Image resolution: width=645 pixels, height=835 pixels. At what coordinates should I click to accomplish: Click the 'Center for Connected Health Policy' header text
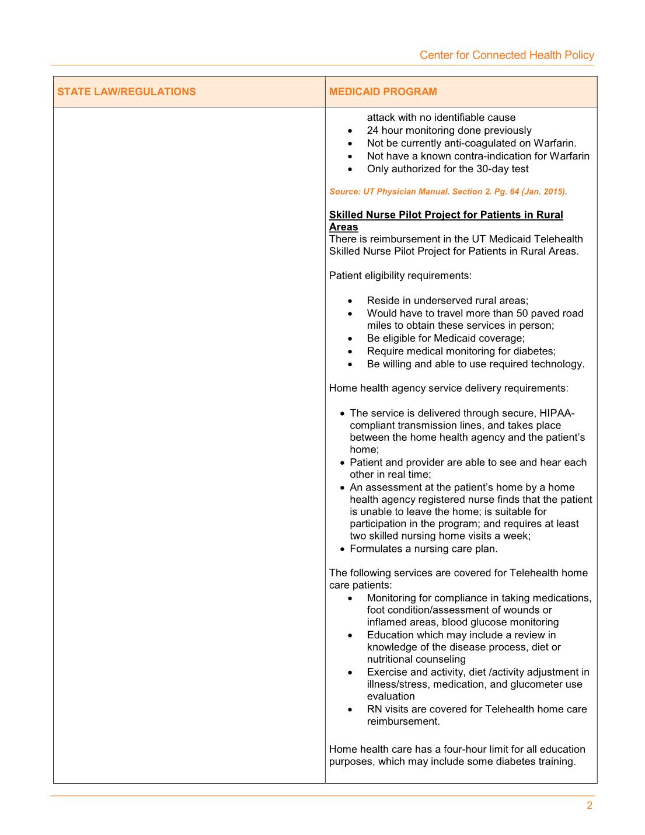pos(507,55)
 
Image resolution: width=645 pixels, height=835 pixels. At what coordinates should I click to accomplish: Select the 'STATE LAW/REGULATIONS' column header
pos(126,92)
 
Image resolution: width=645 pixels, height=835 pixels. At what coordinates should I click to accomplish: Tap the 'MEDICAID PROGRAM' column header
pos(383,92)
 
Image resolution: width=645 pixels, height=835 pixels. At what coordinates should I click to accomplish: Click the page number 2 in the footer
pos(590,806)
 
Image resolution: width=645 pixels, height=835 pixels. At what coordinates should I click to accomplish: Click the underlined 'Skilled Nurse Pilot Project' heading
pos(446,215)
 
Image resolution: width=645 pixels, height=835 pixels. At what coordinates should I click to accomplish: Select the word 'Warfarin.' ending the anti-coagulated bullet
pos(555,143)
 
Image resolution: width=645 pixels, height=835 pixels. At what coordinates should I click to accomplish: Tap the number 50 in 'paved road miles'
pos(522,313)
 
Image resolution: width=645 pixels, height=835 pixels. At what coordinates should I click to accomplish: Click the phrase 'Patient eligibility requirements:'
pos(400,275)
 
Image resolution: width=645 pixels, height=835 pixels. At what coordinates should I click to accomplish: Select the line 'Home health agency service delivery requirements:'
pos(448,388)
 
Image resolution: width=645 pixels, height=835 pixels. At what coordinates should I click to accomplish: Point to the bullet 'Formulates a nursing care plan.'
pos(423,549)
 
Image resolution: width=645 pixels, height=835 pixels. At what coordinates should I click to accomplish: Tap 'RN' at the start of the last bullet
pos(374,709)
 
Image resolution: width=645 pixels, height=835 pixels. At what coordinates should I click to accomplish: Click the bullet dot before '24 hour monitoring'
pos(350,131)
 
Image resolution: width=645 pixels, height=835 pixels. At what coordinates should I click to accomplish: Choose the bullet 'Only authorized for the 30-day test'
pos(447,169)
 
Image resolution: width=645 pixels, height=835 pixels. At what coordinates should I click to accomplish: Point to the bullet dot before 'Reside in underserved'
pos(350,301)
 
